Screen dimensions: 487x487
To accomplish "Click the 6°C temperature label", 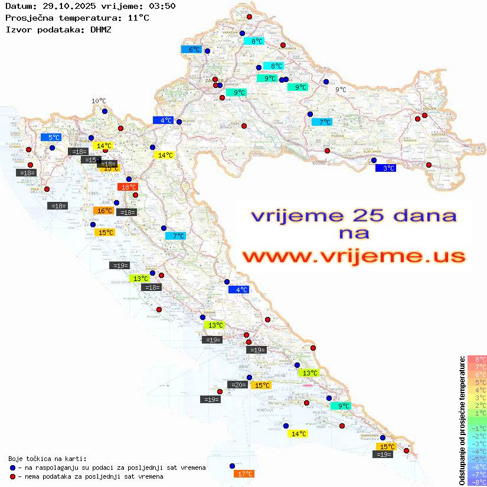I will click(192, 50).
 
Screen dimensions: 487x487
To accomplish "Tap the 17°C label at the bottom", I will click(244, 473).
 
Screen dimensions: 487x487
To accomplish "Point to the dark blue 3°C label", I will click(385, 168).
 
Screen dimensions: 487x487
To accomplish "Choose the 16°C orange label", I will click(103, 211).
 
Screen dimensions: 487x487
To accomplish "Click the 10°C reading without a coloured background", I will click(99, 101).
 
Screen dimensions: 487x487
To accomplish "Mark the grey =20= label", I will click(238, 385).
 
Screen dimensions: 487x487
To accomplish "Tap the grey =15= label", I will click(91, 160).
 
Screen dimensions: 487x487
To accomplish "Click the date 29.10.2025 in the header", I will click(65, 6).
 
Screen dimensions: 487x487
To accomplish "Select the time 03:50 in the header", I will click(162, 6).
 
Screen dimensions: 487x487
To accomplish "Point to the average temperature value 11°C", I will click(139, 18).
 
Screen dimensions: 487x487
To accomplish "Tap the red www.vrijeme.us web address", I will click(354, 257).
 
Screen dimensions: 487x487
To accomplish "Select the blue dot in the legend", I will click(12, 468).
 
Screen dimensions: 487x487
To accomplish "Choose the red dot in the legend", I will click(12, 476).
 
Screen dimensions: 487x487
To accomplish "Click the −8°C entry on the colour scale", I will click(476, 482).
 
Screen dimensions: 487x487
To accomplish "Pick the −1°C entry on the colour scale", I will click(476, 428).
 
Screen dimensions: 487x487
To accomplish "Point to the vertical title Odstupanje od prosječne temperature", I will click(461, 420).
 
